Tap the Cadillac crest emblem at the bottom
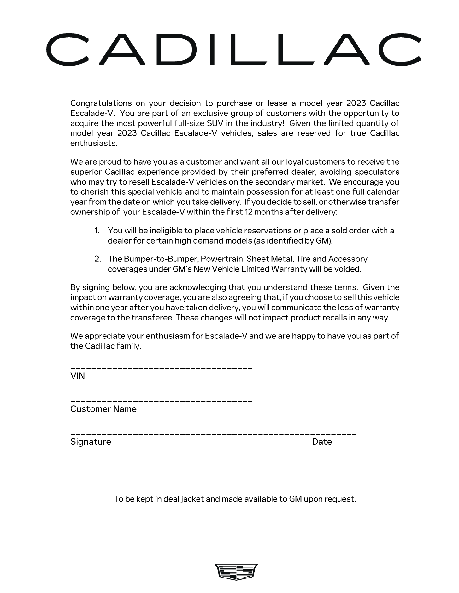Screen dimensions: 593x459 tap(236, 572)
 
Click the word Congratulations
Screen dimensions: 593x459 tap(101, 103)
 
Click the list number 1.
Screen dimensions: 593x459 tap(97, 231)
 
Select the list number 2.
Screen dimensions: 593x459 tap(97, 259)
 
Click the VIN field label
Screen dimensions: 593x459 tap(78, 376)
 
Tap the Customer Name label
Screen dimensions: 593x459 tap(103, 409)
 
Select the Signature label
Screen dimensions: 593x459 tap(91, 442)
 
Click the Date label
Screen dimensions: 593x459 tap(322, 442)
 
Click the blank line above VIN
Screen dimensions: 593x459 tap(161, 368)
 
